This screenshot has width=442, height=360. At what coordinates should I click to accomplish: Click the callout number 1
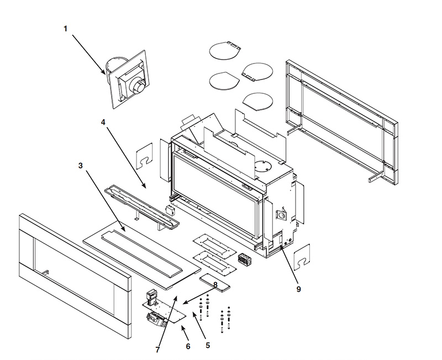click(x=65, y=29)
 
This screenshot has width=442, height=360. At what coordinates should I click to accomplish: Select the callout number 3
click(x=81, y=166)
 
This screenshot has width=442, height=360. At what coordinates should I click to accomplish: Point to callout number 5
click(x=208, y=346)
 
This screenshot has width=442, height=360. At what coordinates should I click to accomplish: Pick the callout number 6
click(x=188, y=346)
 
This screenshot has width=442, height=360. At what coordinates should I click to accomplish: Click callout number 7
click(x=157, y=350)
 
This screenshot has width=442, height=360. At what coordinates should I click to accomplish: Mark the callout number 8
click(x=215, y=284)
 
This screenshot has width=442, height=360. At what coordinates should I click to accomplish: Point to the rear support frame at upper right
click(x=343, y=121)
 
